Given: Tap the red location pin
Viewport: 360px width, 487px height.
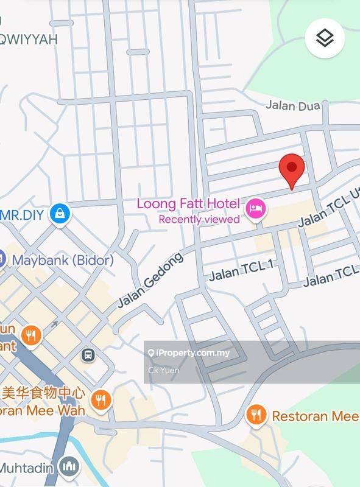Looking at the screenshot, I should coord(292,171).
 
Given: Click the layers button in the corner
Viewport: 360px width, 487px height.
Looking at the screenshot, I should coord(325,39).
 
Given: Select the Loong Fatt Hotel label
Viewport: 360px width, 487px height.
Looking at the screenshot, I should coord(189,204).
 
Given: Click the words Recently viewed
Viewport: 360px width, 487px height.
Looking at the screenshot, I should coord(199,219).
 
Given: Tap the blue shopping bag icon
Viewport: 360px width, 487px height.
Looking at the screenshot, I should coord(61,213).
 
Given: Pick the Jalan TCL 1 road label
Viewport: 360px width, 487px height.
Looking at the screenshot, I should coord(242,272).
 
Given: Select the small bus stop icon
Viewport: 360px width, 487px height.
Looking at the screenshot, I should coord(89,354).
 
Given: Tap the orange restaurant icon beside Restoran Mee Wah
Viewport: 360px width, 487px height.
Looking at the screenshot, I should coord(100,400).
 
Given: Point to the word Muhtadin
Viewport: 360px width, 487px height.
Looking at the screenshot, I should coord(27,468).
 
